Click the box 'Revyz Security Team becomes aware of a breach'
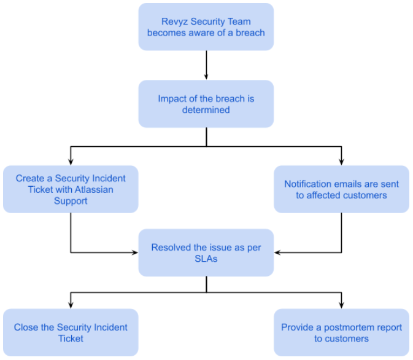coord(206,26)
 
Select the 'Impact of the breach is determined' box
coord(206,104)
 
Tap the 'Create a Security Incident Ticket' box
coord(71,189)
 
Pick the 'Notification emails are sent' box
coord(341,189)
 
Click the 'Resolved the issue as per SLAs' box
coord(206,252)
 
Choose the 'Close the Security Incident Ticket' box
coord(71,332)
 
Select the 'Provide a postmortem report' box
coord(341,332)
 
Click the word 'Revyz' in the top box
coord(173,22)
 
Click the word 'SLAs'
coord(206,259)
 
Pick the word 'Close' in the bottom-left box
coord(26,327)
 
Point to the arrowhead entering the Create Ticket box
coord(71,161)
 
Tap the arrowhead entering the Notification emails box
coord(342,161)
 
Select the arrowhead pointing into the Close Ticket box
coord(71,304)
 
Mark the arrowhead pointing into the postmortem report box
coord(342,304)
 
